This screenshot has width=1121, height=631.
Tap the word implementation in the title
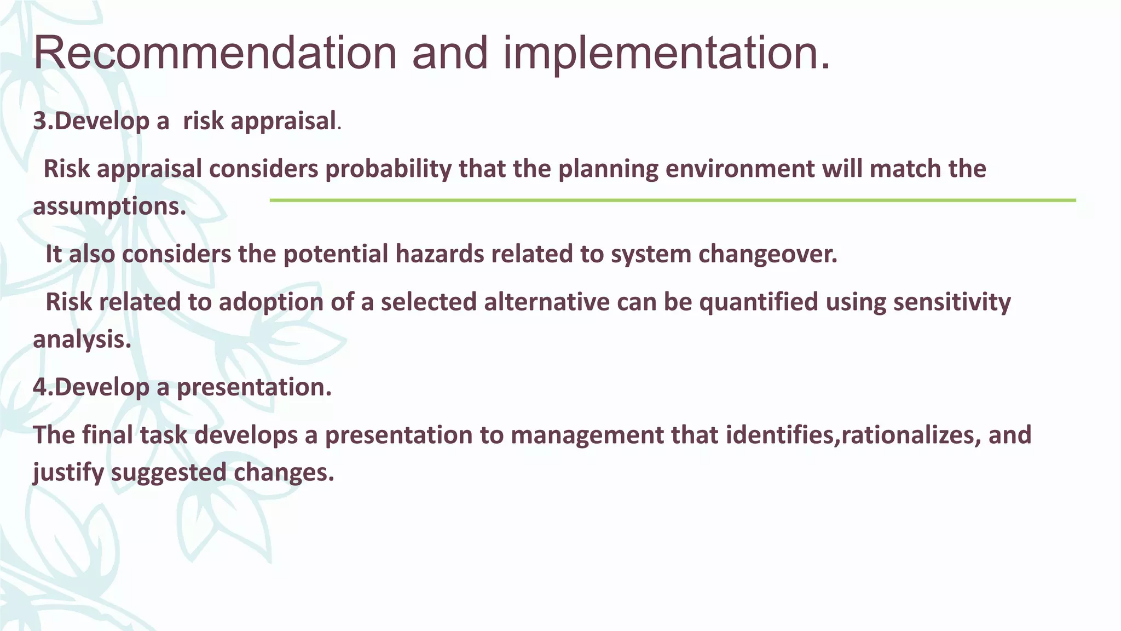[666, 53]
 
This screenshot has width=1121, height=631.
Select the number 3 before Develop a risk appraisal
[40, 121]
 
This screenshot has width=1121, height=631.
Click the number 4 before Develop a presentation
[40, 387]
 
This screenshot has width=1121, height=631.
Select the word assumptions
[109, 206]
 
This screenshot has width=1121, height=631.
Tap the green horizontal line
[672, 200]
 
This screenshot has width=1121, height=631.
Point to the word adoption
[271, 302]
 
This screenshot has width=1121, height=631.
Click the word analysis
[82, 340]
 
